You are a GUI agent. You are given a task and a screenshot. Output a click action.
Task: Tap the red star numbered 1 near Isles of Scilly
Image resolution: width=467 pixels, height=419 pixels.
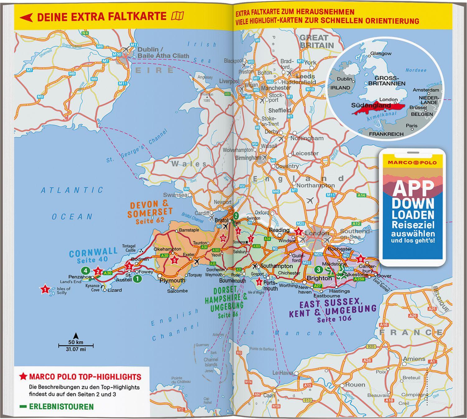[x=45, y=290]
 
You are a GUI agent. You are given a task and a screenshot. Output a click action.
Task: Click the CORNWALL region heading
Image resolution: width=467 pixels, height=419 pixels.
[x=93, y=252]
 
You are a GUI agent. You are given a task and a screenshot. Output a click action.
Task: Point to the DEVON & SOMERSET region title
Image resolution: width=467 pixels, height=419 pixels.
[x=150, y=209]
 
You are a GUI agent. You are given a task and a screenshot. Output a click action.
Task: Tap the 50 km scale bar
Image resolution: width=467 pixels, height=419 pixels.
[x=76, y=345]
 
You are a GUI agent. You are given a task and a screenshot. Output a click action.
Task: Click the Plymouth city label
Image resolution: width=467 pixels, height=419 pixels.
[x=172, y=280]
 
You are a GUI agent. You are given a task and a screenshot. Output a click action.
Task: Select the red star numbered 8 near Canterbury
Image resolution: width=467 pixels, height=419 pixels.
[x=361, y=259]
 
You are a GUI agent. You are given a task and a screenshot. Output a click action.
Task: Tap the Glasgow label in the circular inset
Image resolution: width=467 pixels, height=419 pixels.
[x=381, y=54]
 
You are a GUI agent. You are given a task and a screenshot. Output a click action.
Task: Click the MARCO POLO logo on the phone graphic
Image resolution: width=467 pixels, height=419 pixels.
[x=413, y=162]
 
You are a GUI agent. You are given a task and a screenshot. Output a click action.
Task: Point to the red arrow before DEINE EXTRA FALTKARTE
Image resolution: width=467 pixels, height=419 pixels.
[x=26, y=17]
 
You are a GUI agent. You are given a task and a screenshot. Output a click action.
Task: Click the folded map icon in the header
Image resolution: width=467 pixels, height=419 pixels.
[x=177, y=16]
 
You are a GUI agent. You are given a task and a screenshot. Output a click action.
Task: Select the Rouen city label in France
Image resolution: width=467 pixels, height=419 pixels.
[x=355, y=385]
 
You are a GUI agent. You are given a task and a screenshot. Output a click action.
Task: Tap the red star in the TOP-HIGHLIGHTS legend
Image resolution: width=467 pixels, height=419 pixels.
[x=23, y=377]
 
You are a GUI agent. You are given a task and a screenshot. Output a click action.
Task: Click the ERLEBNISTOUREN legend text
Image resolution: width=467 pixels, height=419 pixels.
[x=61, y=407]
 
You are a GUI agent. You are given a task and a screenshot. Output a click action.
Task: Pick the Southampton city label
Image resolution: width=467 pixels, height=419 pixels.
[x=276, y=266]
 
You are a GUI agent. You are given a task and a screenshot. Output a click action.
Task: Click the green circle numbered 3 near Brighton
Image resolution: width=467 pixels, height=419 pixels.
[x=318, y=269]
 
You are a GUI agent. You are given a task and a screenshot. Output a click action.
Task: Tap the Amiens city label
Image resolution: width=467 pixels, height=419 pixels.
[x=414, y=359]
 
